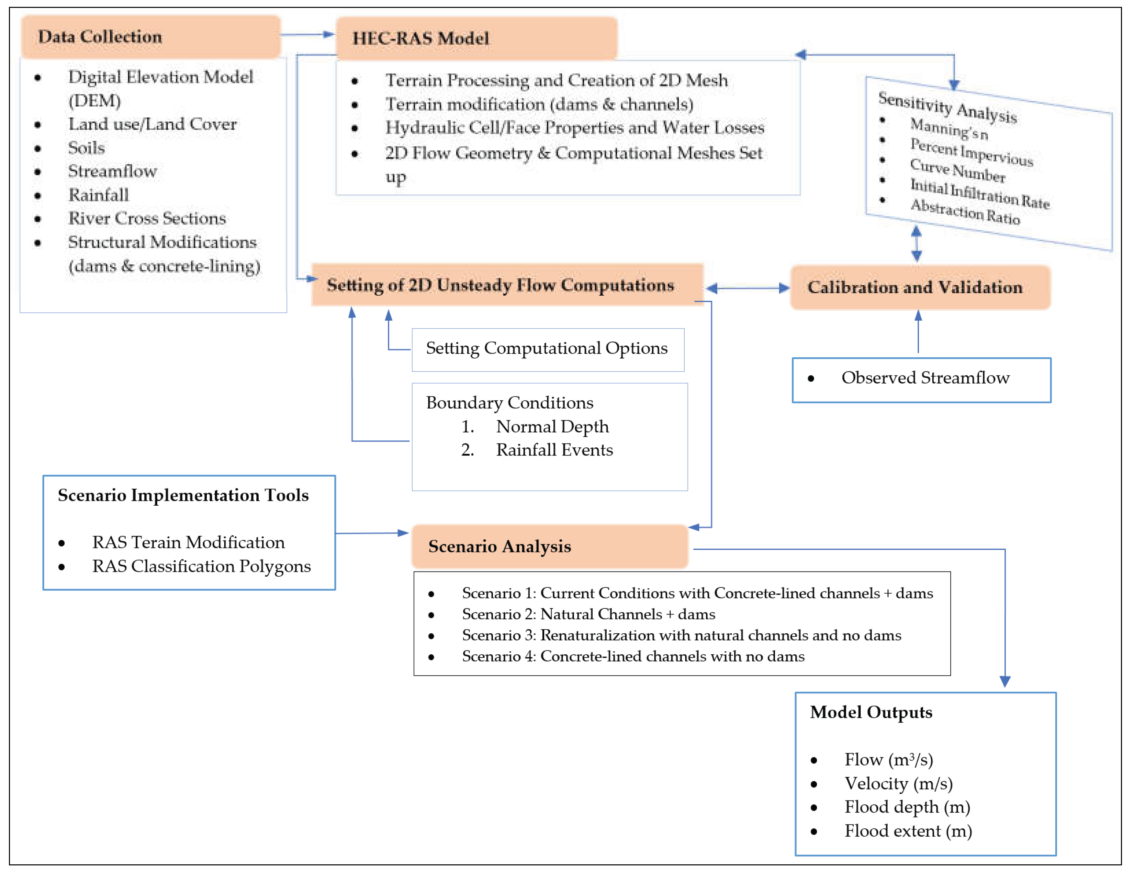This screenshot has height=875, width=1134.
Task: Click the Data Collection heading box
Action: (150, 37)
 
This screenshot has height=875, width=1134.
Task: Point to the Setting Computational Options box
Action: (547, 349)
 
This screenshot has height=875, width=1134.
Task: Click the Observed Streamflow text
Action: (925, 378)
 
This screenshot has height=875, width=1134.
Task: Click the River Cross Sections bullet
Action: (147, 218)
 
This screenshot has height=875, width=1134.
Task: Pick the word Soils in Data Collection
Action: (86, 148)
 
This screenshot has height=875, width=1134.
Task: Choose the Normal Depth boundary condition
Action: (552, 427)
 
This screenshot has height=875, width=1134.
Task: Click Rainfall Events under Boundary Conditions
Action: (554, 450)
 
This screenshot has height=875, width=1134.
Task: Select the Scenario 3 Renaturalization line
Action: (681, 635)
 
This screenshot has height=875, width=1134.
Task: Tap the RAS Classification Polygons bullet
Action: (201, 566)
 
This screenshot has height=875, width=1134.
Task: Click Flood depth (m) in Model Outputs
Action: (907, 807)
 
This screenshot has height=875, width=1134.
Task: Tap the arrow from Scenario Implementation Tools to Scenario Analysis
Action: (371, 533)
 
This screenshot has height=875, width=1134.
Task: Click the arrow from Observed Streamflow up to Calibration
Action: (918, 332)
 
